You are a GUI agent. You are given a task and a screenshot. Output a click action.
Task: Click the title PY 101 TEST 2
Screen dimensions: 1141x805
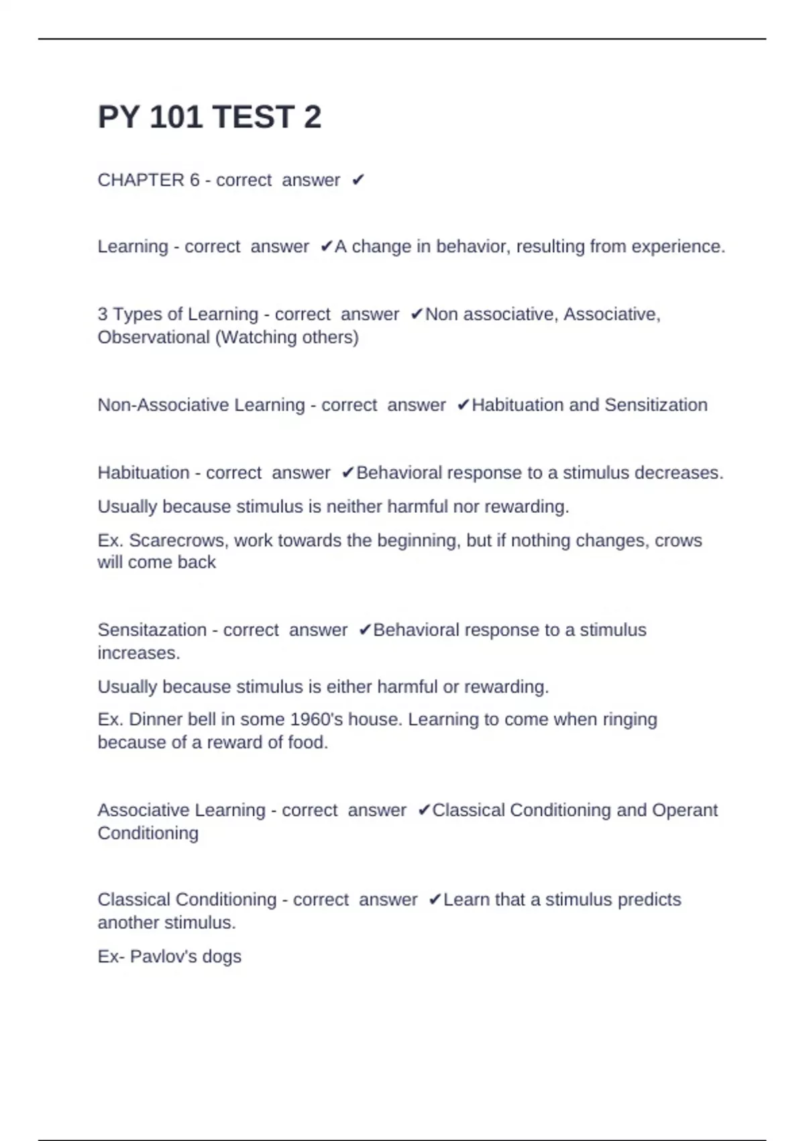[209, 117]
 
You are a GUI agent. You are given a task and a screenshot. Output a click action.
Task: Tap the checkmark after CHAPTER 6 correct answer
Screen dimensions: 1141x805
[358, 180]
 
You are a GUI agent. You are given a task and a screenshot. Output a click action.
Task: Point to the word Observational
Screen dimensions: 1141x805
[154, 337]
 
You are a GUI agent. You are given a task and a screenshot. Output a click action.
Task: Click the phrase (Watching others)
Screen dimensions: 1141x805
[286, 337]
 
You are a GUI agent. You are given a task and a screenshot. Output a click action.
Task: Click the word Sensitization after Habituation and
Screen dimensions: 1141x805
[655, 405]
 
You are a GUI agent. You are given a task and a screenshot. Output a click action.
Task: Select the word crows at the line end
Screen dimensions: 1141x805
[678, 540]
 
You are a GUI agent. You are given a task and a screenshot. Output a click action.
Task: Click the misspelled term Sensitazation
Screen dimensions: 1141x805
[152, 630]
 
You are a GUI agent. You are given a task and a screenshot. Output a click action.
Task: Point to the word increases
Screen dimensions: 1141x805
[138, 653]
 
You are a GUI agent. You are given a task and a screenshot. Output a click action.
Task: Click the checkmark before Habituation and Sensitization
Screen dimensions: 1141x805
[463, 405]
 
